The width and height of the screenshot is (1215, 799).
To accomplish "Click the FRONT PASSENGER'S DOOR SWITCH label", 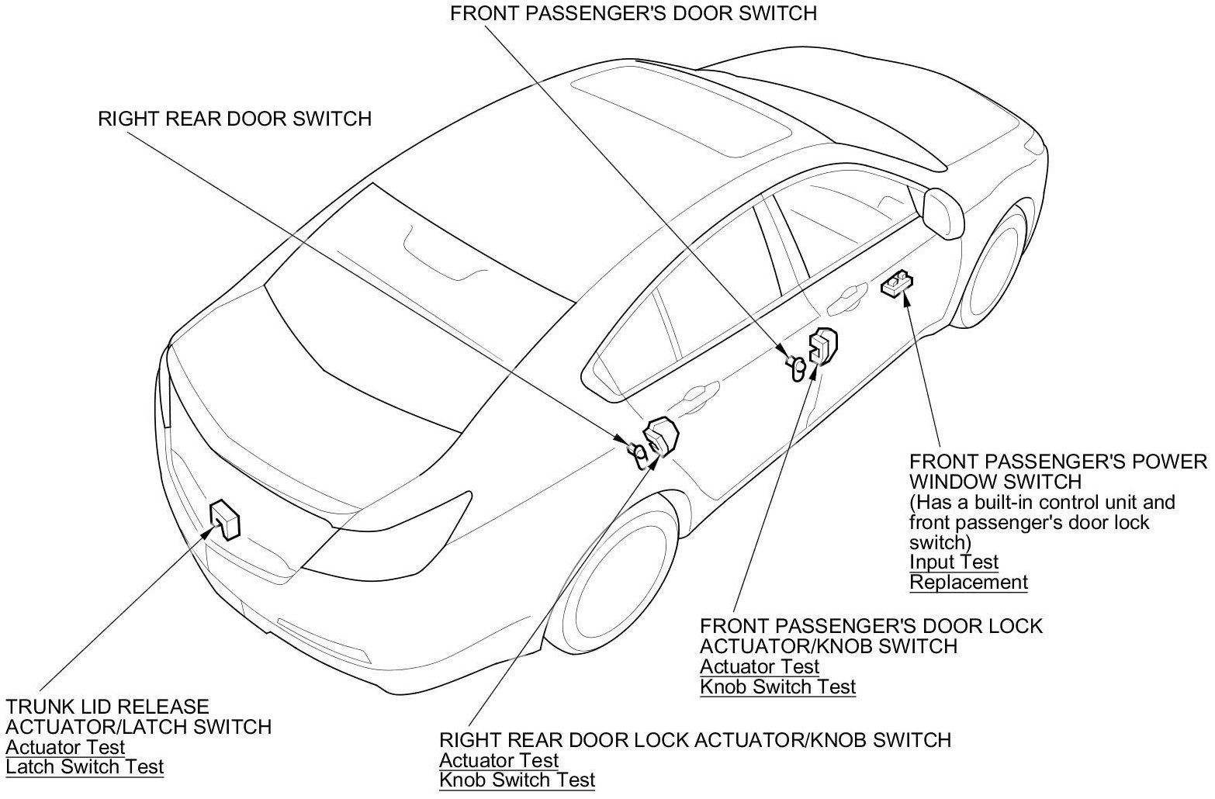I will pos(633,13).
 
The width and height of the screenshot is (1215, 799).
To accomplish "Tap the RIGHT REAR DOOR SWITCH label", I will pos(234,119).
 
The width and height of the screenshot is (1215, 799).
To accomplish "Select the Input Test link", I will pos(954,562).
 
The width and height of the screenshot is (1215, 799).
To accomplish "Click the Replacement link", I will pos(968,582).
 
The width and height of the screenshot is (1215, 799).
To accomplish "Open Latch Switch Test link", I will pos(85,767).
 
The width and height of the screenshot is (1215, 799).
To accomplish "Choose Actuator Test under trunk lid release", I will pos(65,748).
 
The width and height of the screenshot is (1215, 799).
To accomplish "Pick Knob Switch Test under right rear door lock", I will pos(517,780).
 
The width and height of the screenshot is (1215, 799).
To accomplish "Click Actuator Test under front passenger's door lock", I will pos(759,666).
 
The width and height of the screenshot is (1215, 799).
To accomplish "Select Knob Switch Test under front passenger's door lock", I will pos(777,687).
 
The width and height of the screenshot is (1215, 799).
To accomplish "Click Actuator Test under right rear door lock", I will pos(498,760).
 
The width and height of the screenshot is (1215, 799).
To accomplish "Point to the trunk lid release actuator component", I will pos(226,518).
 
